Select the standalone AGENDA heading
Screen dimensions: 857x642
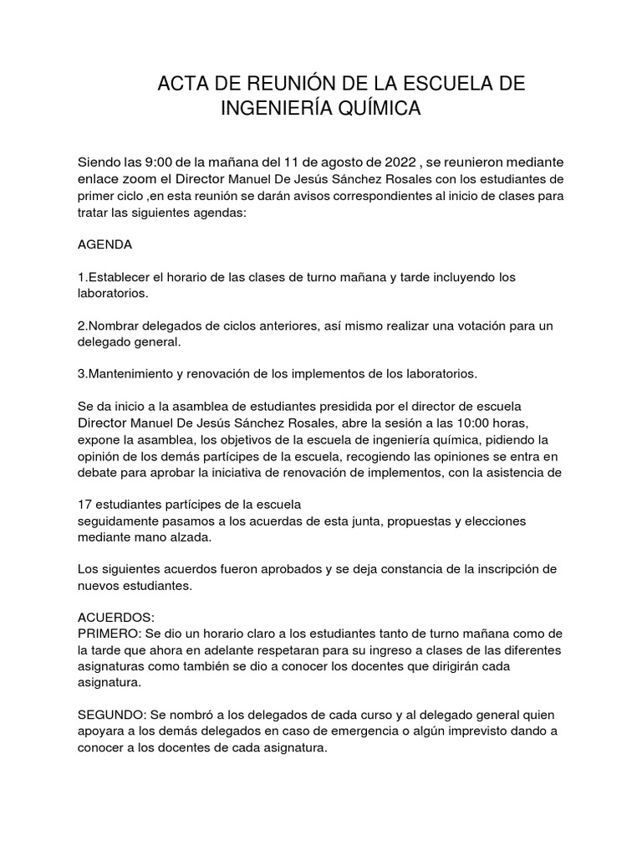[x=104, y=246]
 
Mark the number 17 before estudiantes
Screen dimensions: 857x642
[x=84, y=505]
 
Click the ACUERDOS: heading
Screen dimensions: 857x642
[x=116, y=617]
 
